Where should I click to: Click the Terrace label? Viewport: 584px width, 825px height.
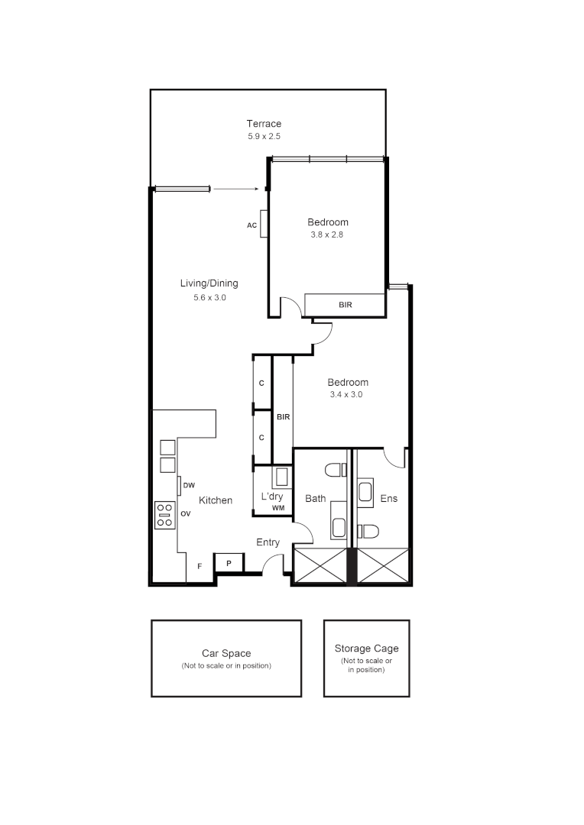coord(264,124)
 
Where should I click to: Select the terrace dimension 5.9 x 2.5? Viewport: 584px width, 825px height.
coord(264,136)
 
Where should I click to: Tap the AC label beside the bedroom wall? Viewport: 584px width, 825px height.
coord(251,225)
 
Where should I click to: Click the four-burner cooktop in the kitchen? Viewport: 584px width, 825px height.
coord(164,514)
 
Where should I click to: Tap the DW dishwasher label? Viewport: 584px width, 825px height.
coord(190,485)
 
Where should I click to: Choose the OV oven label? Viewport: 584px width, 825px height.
coord(186,514)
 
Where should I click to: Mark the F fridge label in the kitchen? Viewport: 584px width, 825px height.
coord(200,566)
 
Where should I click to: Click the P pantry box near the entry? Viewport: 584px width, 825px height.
coord(229,564)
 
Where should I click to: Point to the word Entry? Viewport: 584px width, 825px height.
coord(268,542)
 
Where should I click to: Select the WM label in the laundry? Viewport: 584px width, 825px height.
coord(277,508)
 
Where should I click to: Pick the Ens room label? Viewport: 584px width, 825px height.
coord(388,499)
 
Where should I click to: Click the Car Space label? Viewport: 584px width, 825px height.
coord(226,653)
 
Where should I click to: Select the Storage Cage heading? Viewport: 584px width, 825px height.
coord(366,649)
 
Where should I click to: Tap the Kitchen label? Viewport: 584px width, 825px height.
coord(216,500)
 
